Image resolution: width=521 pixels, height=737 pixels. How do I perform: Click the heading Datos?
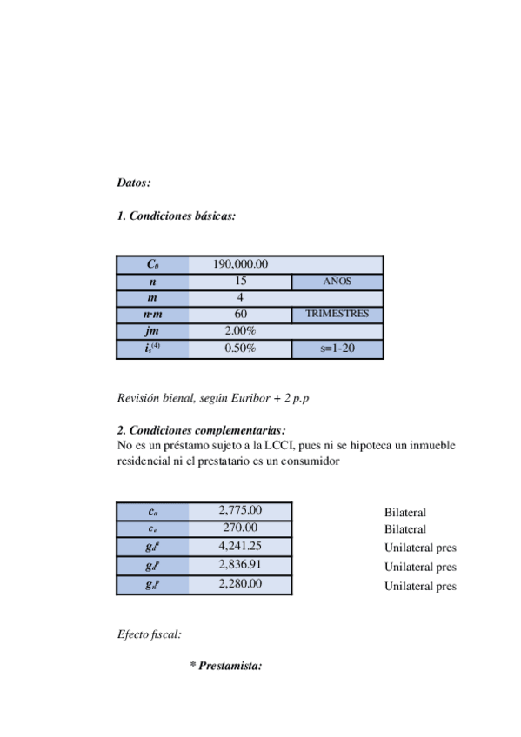click(134, 183)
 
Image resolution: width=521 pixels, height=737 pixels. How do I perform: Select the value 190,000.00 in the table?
click(240, 264)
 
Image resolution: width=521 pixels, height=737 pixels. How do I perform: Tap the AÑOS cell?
click(337, 282)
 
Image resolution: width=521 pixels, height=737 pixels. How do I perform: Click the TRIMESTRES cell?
click(337, 315)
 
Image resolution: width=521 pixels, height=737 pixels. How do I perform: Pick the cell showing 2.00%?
click(240, 331)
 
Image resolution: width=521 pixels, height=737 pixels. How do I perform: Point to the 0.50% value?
click(240, 349)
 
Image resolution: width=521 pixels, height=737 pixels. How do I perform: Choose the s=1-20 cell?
click(337, 349)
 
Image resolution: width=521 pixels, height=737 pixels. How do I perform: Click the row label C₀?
click(153, 264)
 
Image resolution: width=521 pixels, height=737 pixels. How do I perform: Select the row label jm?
click(153, 331)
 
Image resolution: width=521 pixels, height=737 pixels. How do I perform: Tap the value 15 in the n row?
click(240, 281)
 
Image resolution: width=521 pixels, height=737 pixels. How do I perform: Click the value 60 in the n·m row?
click(240, 315)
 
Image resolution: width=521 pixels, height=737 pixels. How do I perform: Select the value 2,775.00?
click(241, 510)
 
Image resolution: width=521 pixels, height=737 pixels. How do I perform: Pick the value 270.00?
click(241, 528)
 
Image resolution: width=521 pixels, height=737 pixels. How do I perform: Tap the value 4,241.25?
click(241, 546)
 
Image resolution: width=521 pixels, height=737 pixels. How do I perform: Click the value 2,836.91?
click(241, 565)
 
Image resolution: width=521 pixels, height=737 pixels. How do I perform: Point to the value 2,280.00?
click(241, 584)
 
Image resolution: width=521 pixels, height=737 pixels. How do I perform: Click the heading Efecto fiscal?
click(149, 634)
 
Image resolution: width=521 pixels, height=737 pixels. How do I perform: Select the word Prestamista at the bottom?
click(230, 666)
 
